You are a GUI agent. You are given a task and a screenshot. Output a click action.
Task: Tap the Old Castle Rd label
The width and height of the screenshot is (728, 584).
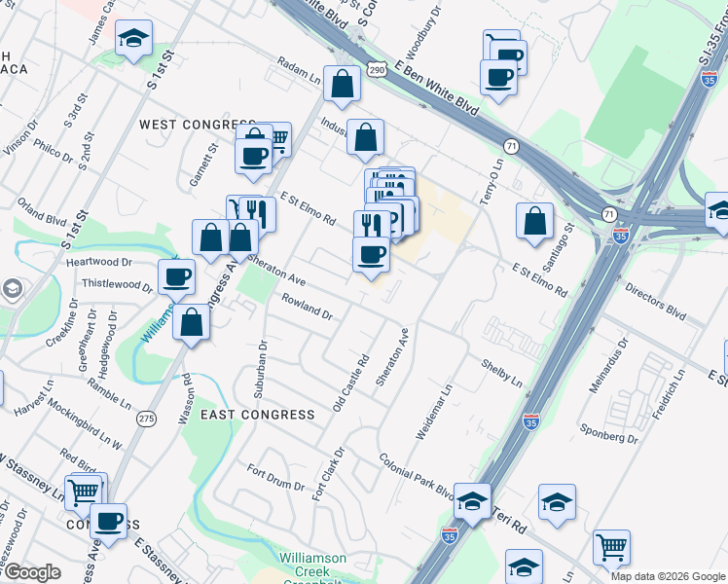pos(352,383)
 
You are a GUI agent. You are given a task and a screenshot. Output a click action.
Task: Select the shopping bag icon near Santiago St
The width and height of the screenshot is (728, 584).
pos(535,221)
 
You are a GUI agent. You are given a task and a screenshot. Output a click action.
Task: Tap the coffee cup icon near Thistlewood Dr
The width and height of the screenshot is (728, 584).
pos(177,276)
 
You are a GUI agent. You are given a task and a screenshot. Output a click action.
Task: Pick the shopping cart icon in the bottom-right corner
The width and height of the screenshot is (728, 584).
pos(611,549)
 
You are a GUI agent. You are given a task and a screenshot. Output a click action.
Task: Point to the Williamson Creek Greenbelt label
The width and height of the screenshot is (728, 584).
pos(311,566)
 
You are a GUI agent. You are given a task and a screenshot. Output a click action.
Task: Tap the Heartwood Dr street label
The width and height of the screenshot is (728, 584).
pos(98,263)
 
